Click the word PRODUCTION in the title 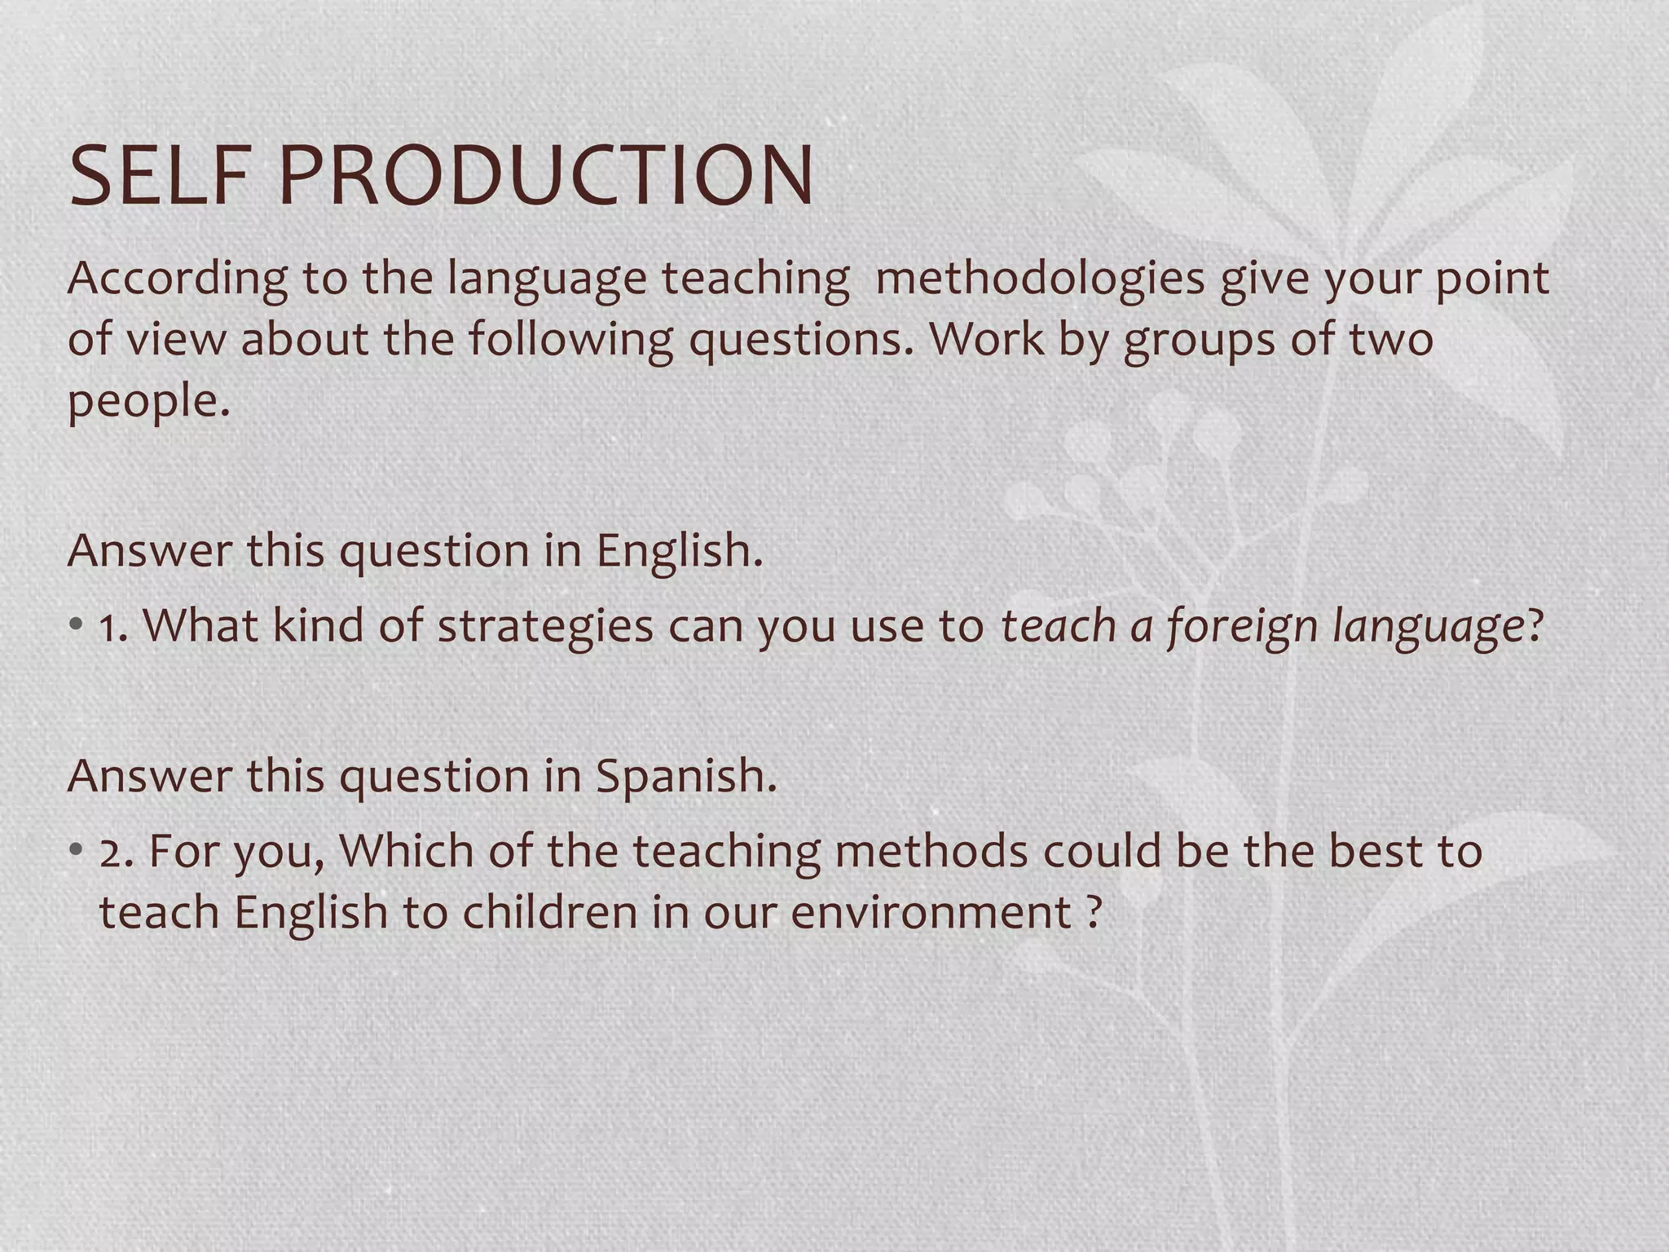pyautogui.click(x=546, y=176)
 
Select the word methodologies pyautogui.click(x=1039, y=279)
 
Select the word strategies pyautogui.click(x=545, y=626)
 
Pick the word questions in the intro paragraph pyautogui.click(x=795, y=339)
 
